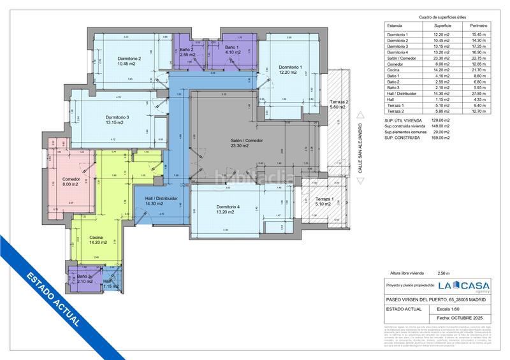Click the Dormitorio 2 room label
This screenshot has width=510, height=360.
pyautogui.click(x=129, y=59)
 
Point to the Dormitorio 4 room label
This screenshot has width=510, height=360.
pyautogui.click(x=228, y=207)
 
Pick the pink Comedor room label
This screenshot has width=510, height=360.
pyautogui.click(x=71, y=179)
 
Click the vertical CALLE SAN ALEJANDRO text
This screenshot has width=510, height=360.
pyautogui.click(x=360, y=146)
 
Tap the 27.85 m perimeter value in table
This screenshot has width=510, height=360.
pyautogui.click(x=478, y=94)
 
